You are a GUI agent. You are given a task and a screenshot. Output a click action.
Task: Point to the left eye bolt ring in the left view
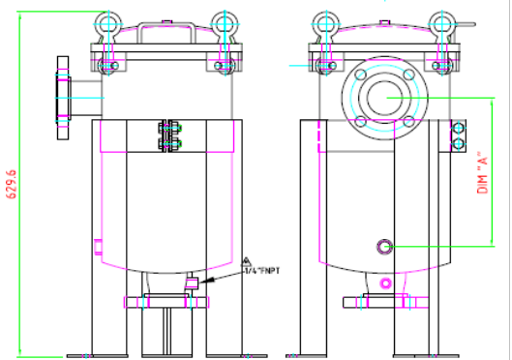click(x=107, y=21)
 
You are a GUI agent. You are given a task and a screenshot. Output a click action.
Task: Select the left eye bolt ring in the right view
click(x=324, y=21)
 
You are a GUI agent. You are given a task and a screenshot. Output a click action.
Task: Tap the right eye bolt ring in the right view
click(x=441, y=21)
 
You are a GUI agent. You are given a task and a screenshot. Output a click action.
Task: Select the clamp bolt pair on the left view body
click(x=170, y=136)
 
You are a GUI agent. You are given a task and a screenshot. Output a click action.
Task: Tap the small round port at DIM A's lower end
click(x=385, y=247)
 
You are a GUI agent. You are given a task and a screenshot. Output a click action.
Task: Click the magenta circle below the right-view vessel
click(x=385, y=284)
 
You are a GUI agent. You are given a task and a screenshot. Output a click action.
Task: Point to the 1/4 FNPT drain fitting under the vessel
click(x=191, y=284)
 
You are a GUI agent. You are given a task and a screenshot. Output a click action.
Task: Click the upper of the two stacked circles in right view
click(x=459, y=127)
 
